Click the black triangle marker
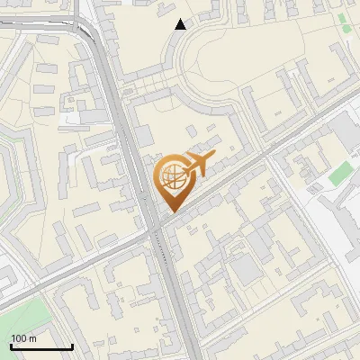(x=181, y=24)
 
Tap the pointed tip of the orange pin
(x=170, y=211)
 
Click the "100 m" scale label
(x=23, y=338)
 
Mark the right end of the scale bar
(x=72, y=346)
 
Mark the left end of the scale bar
(x=10, y=346)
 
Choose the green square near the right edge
(x=339, y=175)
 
